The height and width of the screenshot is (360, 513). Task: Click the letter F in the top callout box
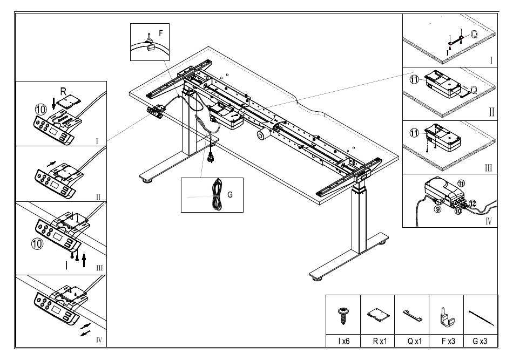point(160,33)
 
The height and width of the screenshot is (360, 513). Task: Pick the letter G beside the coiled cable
point(231,194)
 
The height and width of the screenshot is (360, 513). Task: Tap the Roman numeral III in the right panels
point(488,168)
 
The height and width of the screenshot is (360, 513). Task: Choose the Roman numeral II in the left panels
point(98,197)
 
